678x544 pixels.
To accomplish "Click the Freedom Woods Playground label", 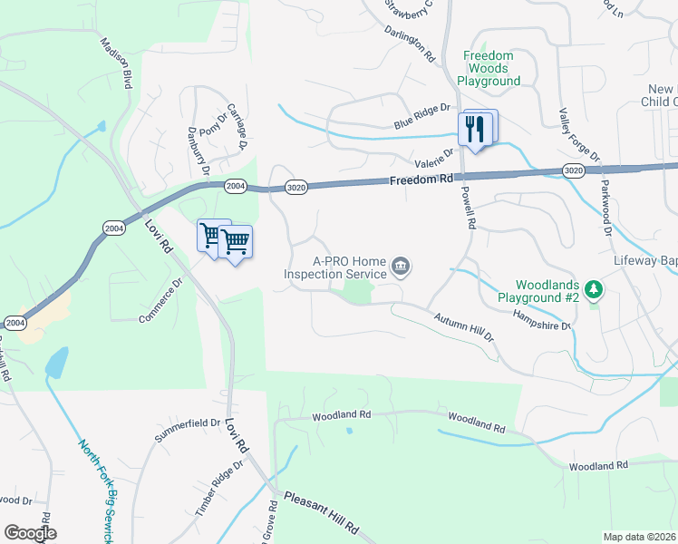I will pos(489,68).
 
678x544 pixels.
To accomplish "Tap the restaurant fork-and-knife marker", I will pos(474,130).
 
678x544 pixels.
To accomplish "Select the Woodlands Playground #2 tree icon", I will pos(594,289).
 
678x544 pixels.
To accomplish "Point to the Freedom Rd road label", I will pos(421,180).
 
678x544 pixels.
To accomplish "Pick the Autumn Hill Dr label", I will pos(463,327).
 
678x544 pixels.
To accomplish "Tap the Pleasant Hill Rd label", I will pos(322,512).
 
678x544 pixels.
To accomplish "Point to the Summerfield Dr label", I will pos(188,431).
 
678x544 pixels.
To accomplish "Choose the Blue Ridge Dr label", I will pos(421,116).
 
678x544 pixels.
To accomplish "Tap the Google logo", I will pos(30,532).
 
